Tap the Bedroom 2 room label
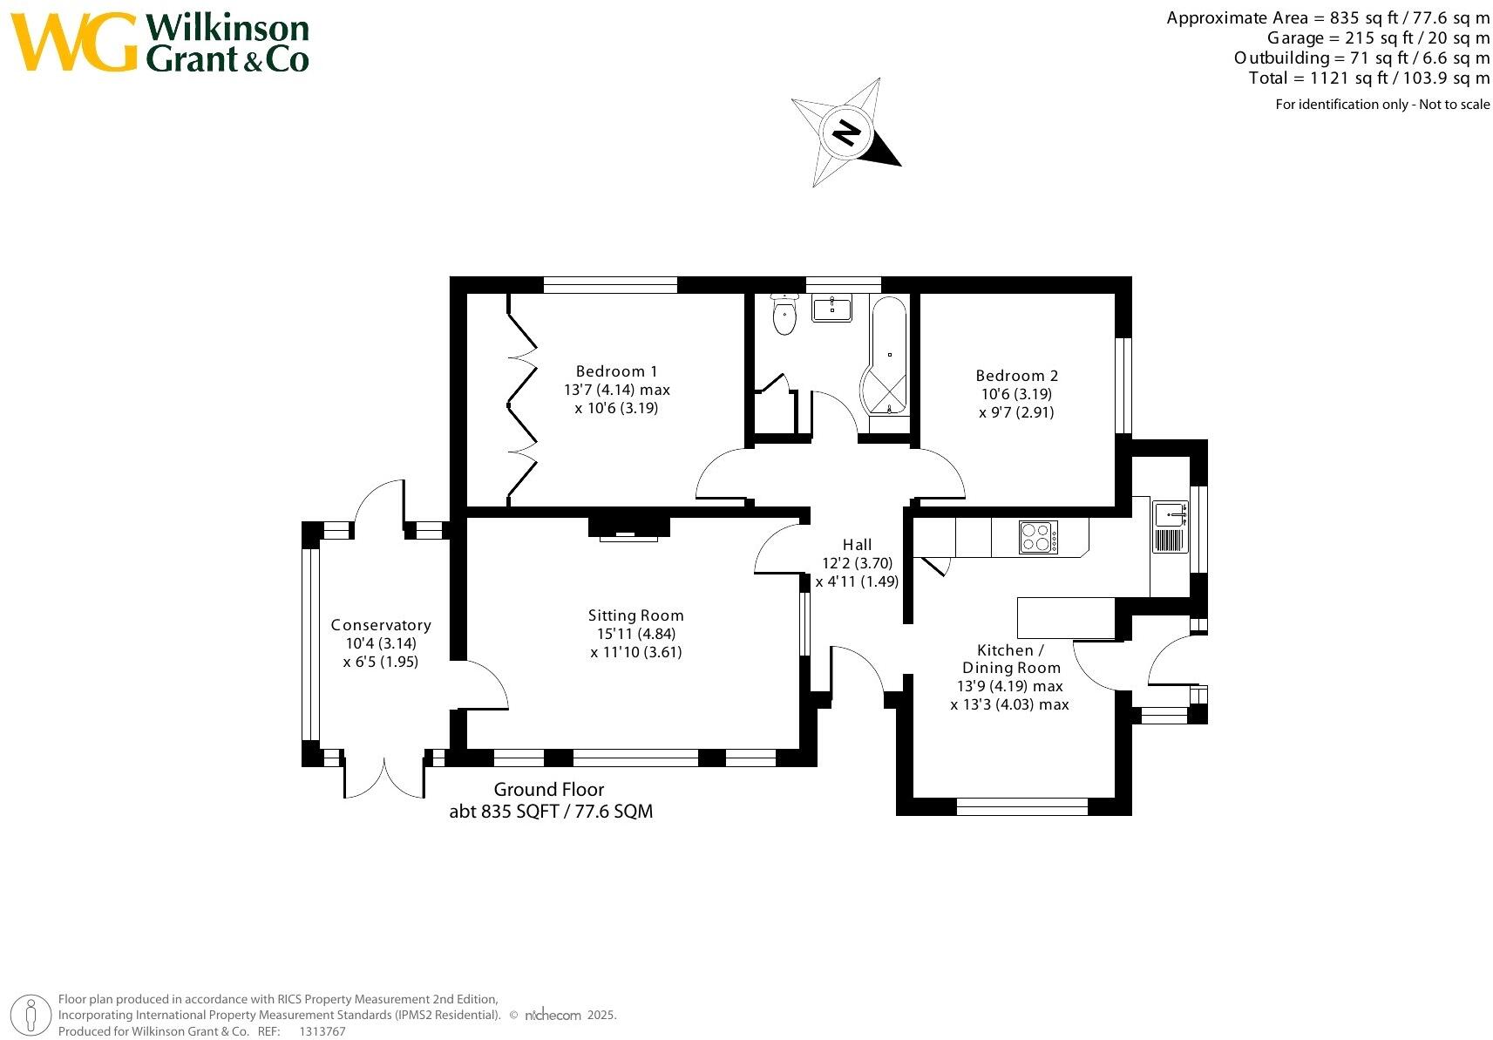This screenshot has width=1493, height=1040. click(1016, 376)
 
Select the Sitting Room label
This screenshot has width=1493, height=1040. click(635, 615)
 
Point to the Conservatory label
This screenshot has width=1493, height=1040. click(381, 625)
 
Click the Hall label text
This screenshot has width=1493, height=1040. click(857, 545)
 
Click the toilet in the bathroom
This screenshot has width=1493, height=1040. click(784, 316)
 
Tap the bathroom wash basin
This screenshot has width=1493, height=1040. click(831, 308)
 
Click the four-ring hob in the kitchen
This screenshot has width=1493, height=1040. click(1038, 537)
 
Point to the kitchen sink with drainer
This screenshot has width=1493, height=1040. click(1169, 527)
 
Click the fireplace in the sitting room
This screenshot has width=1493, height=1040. click(628, 528)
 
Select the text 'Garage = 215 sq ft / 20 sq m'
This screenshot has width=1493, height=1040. click(1378, 38)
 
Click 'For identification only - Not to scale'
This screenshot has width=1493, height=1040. click(1382, 105)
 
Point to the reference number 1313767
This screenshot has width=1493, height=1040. click(322, 1031)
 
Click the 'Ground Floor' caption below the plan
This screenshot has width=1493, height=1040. click(548, 790)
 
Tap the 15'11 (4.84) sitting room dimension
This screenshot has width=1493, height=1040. click(635, 634)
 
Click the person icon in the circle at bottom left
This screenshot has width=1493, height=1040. click(31, 1016)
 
